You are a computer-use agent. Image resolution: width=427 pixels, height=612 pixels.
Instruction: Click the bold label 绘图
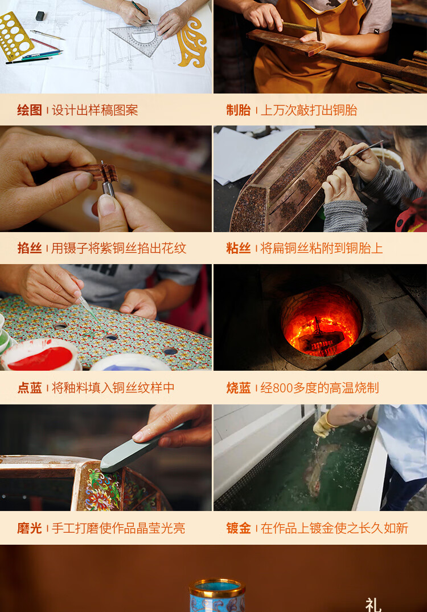[x=29, y=110]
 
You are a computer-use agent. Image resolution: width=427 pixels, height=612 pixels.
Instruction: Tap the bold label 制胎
[x=239, y=110]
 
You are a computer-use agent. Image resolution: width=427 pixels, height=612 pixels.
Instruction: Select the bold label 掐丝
[x=29, y=248]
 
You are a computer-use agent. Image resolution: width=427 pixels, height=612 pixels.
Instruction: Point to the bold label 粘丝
[x=239, y=248]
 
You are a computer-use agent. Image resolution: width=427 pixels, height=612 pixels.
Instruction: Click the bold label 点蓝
[x=29, y=388]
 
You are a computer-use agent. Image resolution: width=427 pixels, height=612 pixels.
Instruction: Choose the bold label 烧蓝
[x=239, y=388]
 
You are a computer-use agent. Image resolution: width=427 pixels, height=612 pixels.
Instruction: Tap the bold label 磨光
[x=29, y=528]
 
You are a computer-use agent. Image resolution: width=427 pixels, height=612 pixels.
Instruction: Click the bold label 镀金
[x=239, y=528]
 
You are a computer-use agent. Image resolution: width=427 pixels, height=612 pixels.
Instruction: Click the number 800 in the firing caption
[x=283, y=388]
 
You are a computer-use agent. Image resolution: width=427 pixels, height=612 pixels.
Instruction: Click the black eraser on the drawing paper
[x=40, y=16]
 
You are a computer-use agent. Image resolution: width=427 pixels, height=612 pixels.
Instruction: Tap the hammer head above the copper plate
[x=318, y=29]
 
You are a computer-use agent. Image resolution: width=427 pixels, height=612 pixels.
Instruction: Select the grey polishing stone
[x=140, y=448]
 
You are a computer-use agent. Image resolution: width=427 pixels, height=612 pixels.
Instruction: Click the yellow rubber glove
[x=324, y=425]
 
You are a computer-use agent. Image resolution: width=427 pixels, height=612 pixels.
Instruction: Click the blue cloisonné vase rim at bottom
[x=217, y=586]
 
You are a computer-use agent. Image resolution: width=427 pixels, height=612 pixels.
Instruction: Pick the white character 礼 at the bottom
[x=373, y=605]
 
